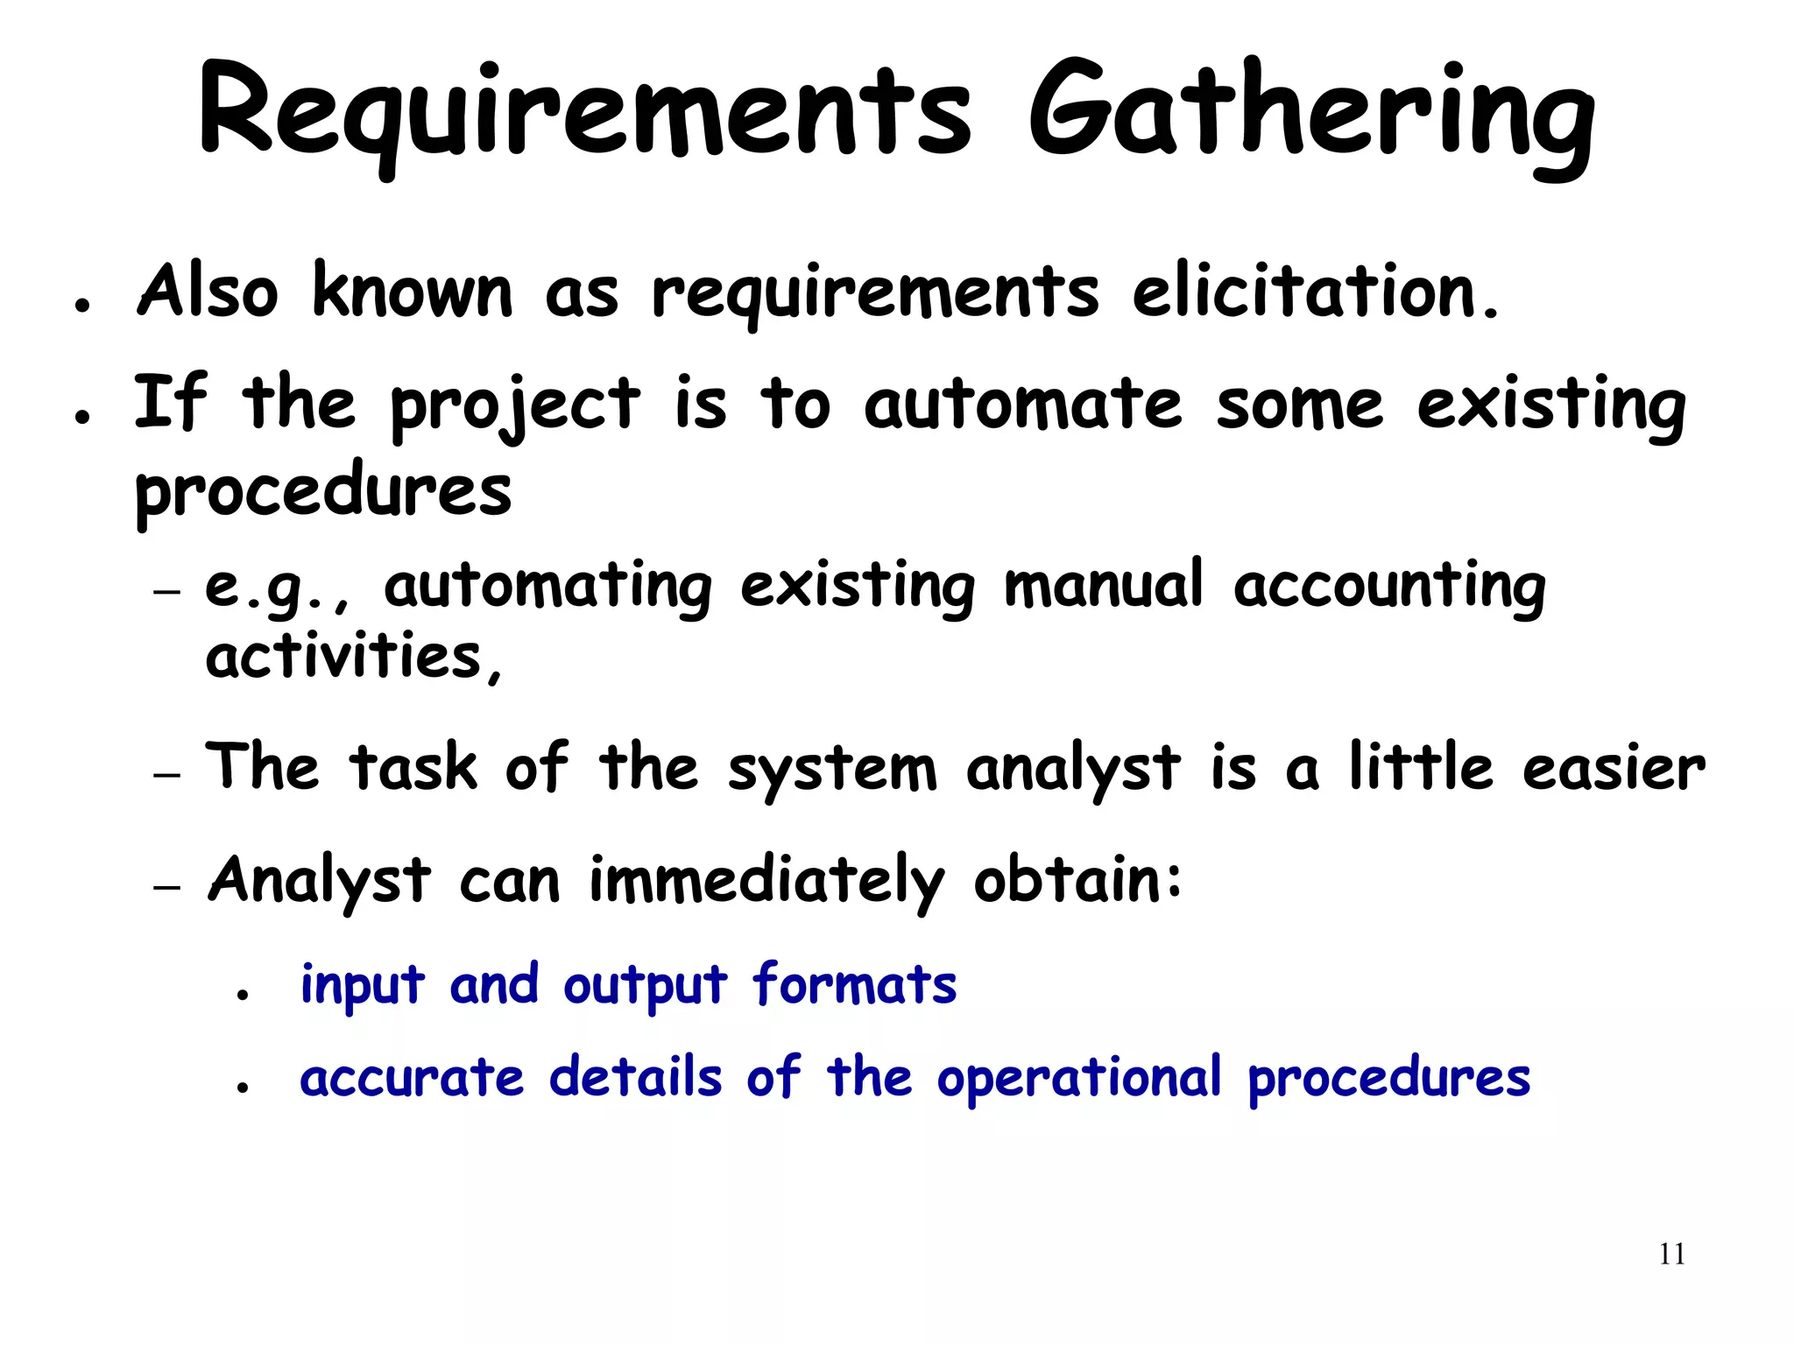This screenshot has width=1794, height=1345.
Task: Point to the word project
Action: pyautogui.click(x=515, y=405)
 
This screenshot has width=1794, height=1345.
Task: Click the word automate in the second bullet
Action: pyautogui.click(x=1022, y=405)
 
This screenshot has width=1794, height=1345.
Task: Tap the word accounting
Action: pyautogui.click(x=1389, y=587)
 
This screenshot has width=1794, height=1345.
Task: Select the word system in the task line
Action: pyautogui.click(x=832, y=769)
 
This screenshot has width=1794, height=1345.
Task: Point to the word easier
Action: pyautogui.click(x=1614, y=767)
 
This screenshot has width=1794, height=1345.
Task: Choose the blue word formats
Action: pyautogui.click(x=854, y=984)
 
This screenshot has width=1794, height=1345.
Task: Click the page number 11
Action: pyautogui.click(x=1671, y=1255)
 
